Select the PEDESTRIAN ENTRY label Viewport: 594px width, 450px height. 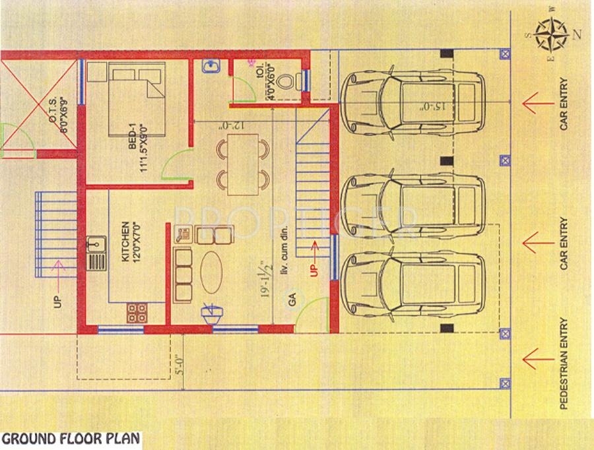tap(564, 364)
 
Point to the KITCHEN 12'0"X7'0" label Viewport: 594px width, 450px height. tap(129, 242)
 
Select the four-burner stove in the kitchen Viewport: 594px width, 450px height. tap(137, 312)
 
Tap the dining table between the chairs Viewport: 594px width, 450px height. tap(243, 164)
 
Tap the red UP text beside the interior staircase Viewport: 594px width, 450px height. tap(314, 267)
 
